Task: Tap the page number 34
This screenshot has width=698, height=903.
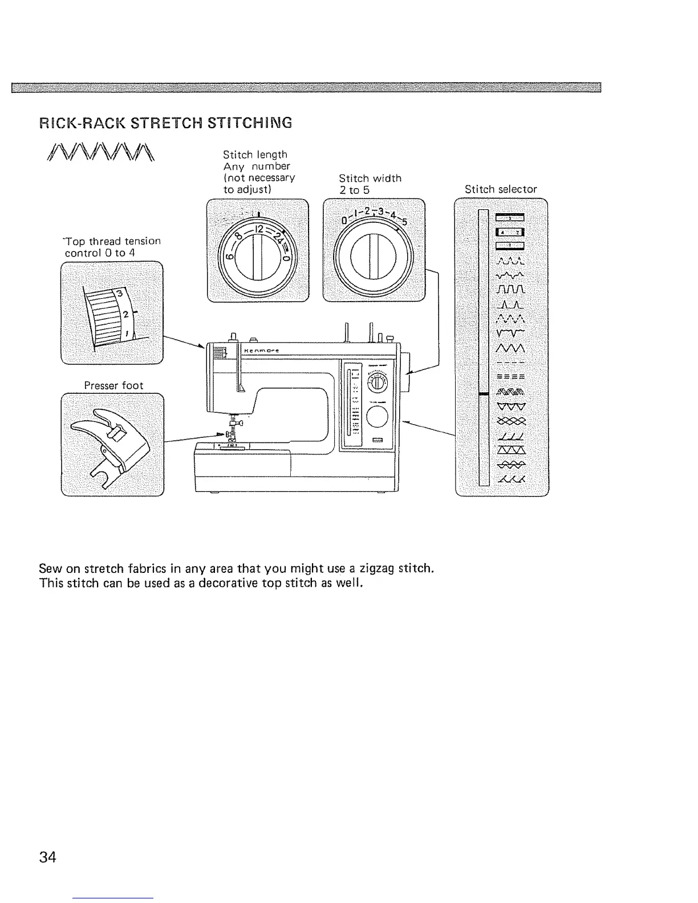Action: (48, 857)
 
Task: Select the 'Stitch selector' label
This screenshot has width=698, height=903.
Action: (501, 189)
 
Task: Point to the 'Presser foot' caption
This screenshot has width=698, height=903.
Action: (113, 385)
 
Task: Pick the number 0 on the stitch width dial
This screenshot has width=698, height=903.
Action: (344, 220)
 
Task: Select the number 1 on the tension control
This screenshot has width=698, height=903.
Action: (126, 333)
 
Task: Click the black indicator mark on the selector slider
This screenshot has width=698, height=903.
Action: (484, 393)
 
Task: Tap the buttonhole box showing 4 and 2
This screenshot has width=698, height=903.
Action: (510, 231)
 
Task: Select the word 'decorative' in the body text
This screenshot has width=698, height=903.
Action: (225, 584)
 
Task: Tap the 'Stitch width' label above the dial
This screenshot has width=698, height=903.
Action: (370, 178)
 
